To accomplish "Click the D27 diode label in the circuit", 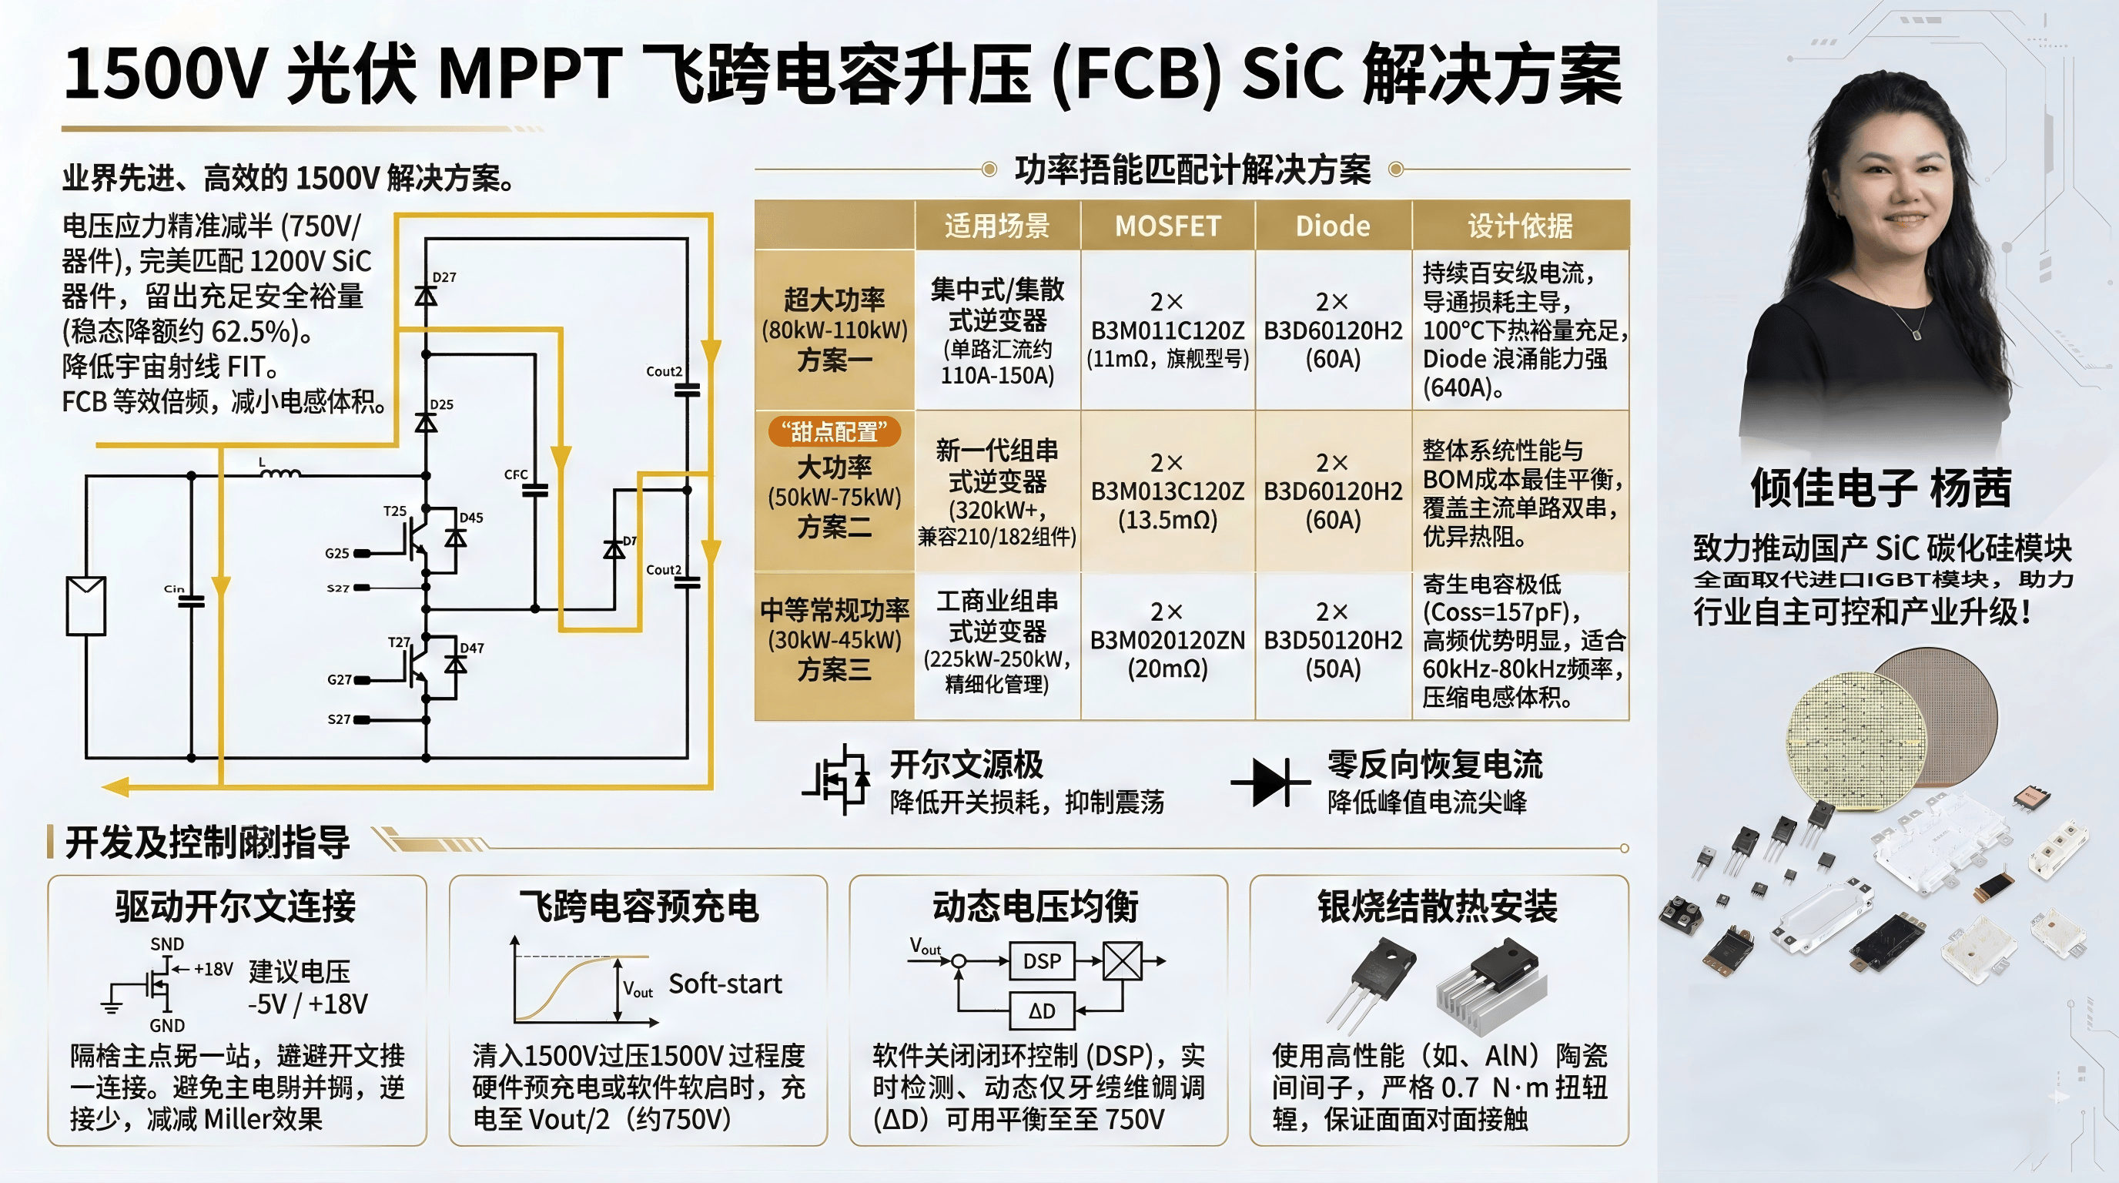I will point(444,277).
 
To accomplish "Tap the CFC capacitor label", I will point(516,474).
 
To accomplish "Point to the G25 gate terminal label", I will point(337,553).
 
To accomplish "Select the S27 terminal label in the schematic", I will point(339,719).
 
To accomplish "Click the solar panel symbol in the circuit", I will point(85,605).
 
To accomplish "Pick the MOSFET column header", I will point(1167,226).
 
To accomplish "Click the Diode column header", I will point(1333,226).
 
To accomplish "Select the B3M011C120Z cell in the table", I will point(1167,330).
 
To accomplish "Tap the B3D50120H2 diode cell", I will point(1333,641).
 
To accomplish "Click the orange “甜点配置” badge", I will point(834,431).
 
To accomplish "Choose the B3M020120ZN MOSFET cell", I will point(1167,641).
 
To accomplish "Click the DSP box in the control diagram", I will point(1041,961).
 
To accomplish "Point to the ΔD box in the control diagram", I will point(1041,1011).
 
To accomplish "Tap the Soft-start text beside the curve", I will point(725,984).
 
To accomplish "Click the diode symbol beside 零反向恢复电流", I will point(1270,783).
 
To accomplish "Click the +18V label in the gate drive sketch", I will point(213,969).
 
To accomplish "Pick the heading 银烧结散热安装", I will point(1437,907).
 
